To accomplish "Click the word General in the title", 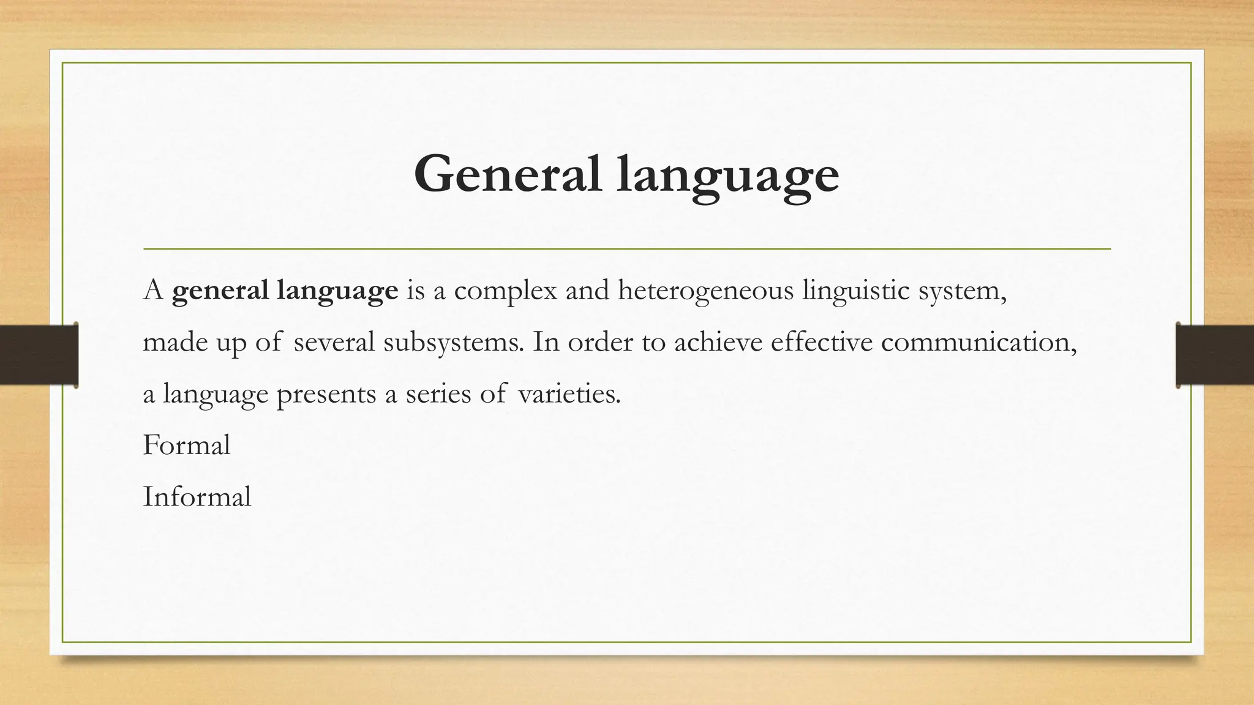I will tap(508, 174).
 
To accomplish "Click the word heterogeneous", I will tap(706, 291).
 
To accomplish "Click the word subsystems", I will tap(454, 342).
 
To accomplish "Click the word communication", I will tap(978, 341).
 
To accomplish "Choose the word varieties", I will tap(569, 394).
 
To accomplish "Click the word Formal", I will tap(186, 445).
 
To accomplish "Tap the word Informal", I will tap(197, 496).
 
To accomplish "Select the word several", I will tap(334, 342).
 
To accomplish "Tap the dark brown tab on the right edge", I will tap(1215, 355).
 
